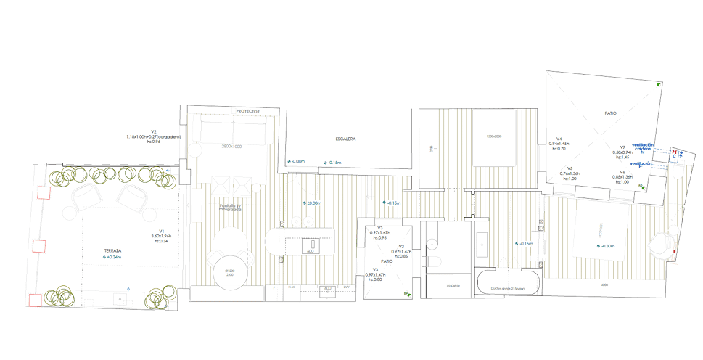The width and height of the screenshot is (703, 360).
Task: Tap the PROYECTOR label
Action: (x=247, y=111)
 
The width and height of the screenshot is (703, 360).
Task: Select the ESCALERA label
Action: (x=345, y=137)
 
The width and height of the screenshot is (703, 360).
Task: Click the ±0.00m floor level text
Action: (x=312, y=202)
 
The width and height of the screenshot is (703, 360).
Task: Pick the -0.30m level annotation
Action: (x=605, y=246)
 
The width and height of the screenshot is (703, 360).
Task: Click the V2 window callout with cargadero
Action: (x=153, y=136)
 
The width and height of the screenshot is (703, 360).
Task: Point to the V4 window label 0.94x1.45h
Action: (x=559, y=143)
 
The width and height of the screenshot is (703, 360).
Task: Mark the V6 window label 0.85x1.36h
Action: (x=622, y=176)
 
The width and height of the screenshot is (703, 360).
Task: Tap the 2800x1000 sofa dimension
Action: (x=232, y=146)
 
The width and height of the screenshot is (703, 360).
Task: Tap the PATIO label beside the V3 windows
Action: (x=387, y=261)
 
